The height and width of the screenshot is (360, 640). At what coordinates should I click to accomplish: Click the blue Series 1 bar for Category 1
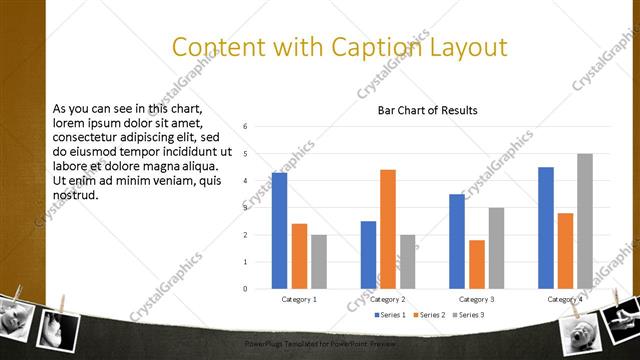point(279,231)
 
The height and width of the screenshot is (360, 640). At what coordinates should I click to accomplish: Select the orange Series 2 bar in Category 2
point(387,229)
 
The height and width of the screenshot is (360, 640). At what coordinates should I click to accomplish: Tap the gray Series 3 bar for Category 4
point(585,221)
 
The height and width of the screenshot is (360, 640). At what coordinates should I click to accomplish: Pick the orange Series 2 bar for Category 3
point(476,264)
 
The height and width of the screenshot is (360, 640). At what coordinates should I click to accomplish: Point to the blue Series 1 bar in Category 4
point(545,228)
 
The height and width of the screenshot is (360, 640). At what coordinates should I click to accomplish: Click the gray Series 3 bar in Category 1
point(318,262)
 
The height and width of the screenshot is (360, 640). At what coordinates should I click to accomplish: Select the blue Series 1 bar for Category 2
point(368,255)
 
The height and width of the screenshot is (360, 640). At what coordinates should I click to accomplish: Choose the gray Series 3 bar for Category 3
point(496,248)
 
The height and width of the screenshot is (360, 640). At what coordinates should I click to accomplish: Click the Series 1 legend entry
point(390,315)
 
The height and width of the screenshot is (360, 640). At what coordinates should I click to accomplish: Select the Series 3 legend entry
point(467,315)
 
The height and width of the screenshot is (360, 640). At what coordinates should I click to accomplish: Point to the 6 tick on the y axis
point(246,127)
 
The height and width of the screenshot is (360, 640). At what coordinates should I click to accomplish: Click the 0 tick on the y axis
point(246,289)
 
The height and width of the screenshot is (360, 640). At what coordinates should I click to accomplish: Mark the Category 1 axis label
point(299,299)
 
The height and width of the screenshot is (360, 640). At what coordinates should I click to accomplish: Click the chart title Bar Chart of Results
point(427,110)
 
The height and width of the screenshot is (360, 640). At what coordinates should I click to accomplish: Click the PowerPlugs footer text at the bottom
point(320,343)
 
